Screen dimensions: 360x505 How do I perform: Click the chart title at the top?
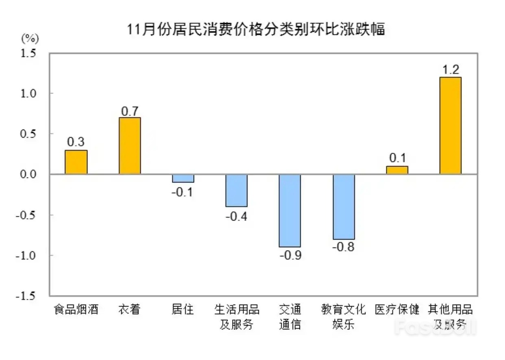(256, 30)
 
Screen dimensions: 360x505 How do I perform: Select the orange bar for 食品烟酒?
(76, 162)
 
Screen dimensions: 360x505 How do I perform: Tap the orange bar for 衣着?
(130, 146)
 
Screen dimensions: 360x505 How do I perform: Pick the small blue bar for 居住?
(183, 178)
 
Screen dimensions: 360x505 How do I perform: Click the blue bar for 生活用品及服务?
(236, 191)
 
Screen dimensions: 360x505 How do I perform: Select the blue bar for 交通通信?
(290, 210)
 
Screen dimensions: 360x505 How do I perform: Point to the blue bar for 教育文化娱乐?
(344, 207)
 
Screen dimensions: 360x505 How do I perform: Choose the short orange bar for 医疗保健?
(397, 170)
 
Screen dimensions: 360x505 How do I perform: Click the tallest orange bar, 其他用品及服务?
(451, 126)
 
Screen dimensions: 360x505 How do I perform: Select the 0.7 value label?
(130, 111)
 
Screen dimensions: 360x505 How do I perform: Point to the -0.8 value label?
(344, 247)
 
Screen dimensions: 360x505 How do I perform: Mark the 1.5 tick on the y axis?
(29, 53)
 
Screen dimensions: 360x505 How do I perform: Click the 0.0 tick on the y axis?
(29, 174)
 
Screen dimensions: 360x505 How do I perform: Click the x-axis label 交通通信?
(290, 317)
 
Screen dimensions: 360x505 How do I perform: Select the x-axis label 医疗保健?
(397, 310)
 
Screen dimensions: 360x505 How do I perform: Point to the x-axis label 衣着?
(130, 310)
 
